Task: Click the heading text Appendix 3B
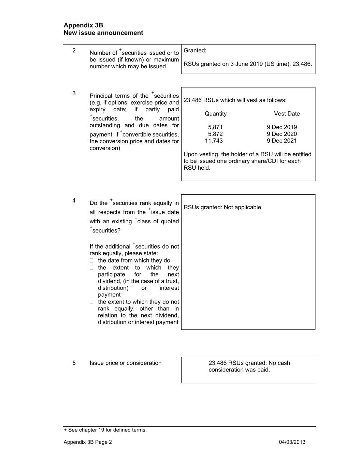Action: [x=83, y=25]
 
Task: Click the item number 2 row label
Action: [x=74, y=51]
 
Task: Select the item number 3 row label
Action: [x=74, y=94]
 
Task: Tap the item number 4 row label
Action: [x=74, y=201]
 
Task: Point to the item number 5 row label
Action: [x=74, y=363]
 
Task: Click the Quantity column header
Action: [x=215, y=114]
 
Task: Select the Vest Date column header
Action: [x=287, y=114]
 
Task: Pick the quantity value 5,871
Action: [x=215, y=127]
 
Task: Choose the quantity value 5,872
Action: [x=215, y=134]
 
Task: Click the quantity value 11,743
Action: [x=214, y=141]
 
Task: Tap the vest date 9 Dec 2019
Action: [x=282, y=127]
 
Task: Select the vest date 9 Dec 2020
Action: [x=282, y=134]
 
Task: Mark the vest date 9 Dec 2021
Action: [x=282, y=141]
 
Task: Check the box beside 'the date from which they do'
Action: [x=91, y=260]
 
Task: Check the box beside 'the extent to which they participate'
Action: [x=91, y=268]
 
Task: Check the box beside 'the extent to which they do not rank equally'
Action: [x=91, y=302]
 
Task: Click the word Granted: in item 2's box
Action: [x=195, y=51]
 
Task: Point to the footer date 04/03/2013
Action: [x=292, y=442]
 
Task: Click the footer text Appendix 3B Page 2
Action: [x=88, y=442]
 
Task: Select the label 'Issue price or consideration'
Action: [x=126, y=363]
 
